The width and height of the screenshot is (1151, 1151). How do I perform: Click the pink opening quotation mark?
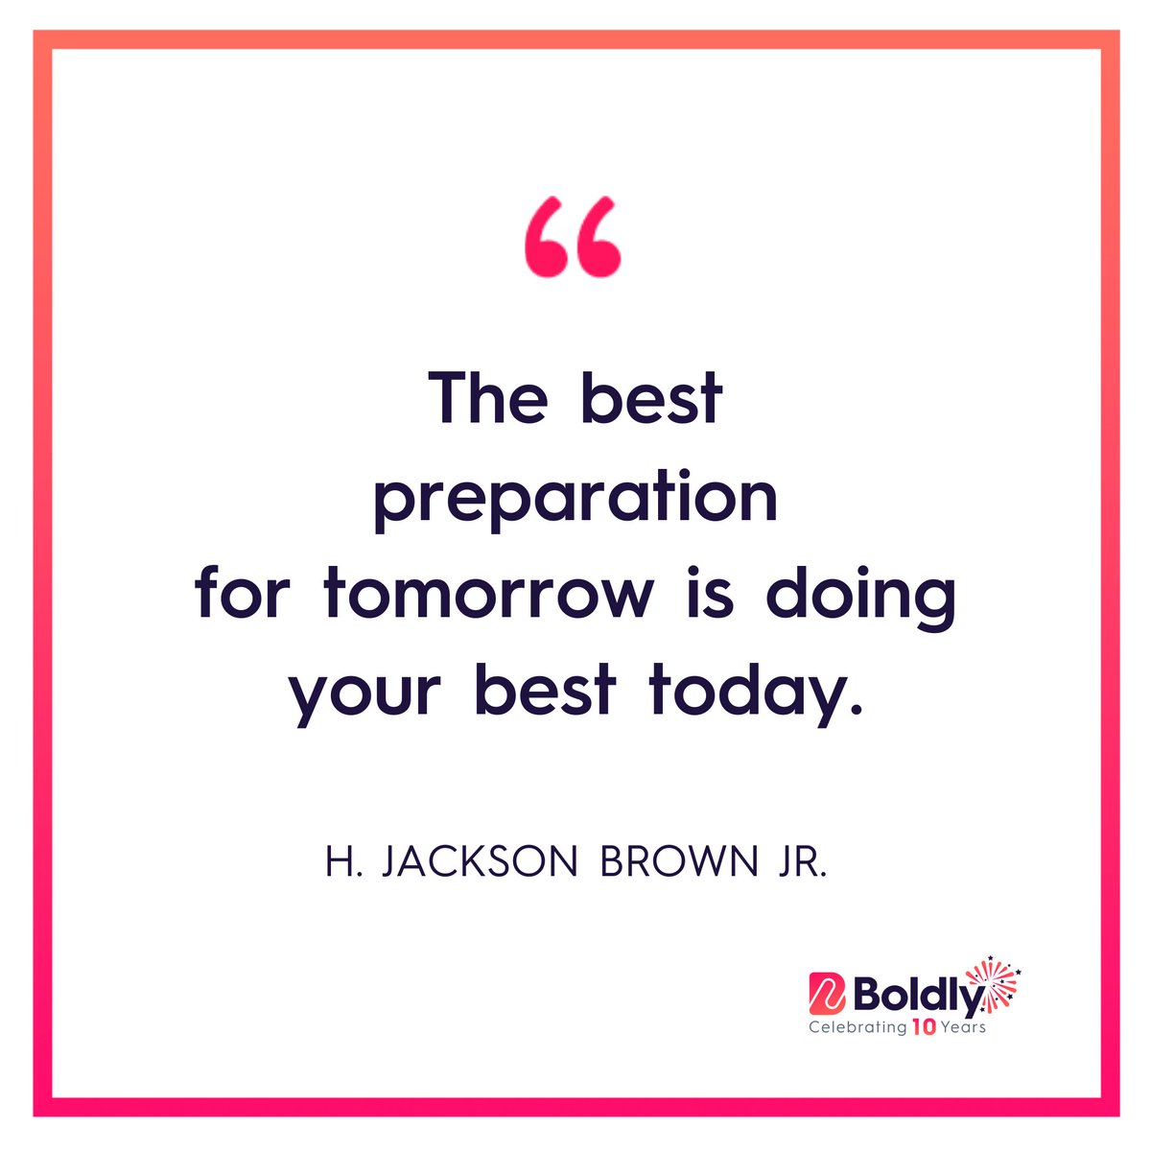tap(574, 238)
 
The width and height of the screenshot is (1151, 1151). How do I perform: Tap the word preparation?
tap(575, 499)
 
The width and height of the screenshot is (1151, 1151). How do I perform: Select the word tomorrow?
tap(489, 595)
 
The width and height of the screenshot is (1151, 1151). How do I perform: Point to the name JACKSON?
tap(480, 862)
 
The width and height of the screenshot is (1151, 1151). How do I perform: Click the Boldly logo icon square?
tap(827, 995)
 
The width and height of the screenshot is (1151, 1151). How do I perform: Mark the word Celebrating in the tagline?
tap(857, 1027)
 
